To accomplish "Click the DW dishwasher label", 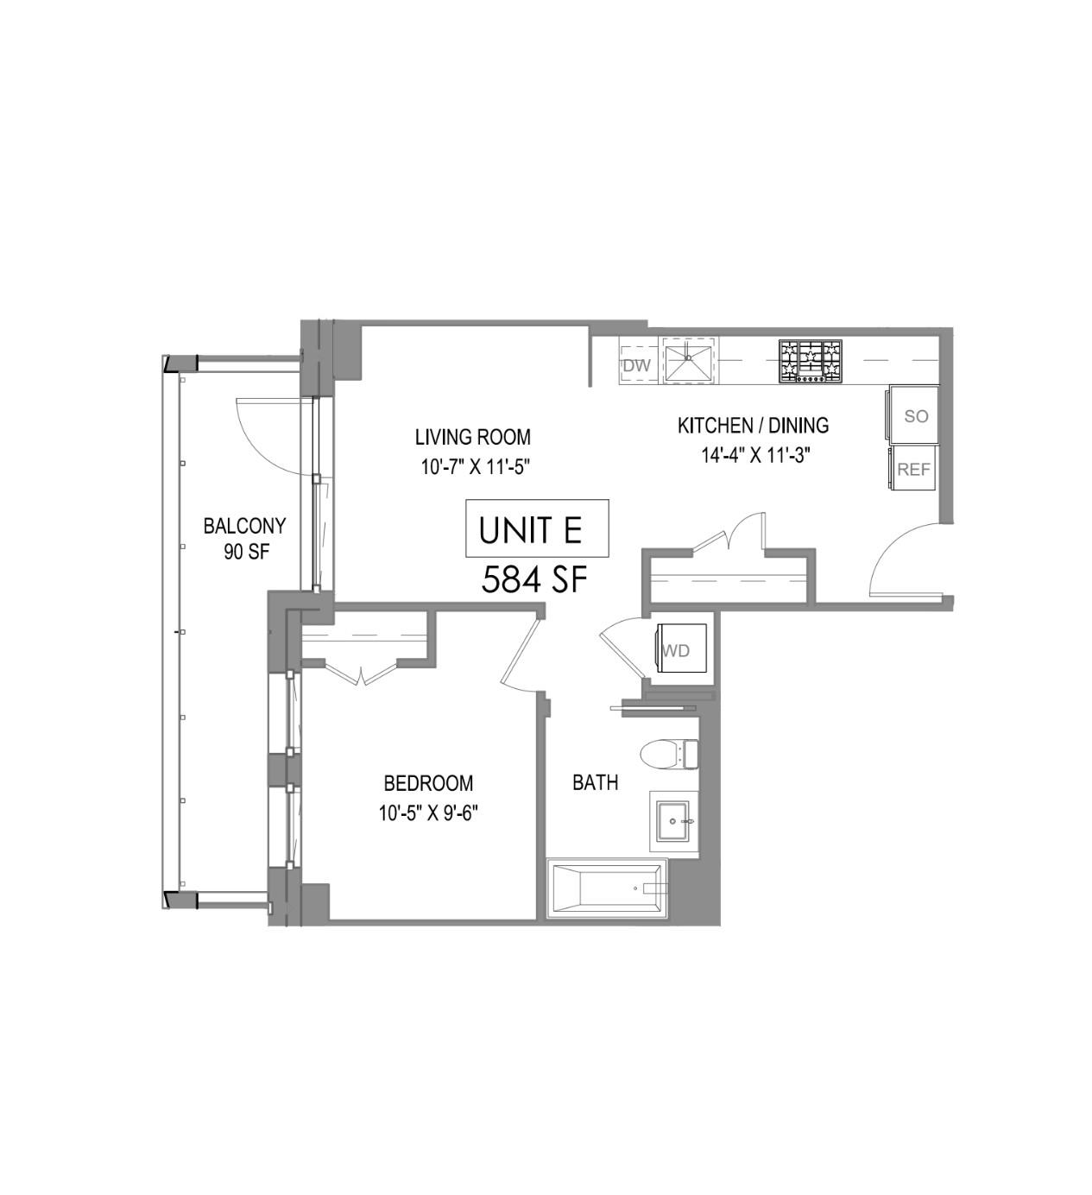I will (636, 365).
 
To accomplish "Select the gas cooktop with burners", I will (810, 361).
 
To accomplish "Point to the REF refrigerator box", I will (913, 469).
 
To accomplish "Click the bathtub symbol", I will (608, 888).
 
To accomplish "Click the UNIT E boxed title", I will (537, 528).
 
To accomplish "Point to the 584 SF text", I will (534, 579).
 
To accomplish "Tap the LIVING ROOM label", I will (473, 437).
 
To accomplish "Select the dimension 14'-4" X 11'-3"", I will (754, 455).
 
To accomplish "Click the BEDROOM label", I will (428, 783).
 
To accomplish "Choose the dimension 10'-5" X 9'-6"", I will (428, 812).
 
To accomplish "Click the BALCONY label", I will (244, 525).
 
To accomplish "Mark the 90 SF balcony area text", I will (246, 553).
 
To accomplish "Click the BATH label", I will (596, 782).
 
